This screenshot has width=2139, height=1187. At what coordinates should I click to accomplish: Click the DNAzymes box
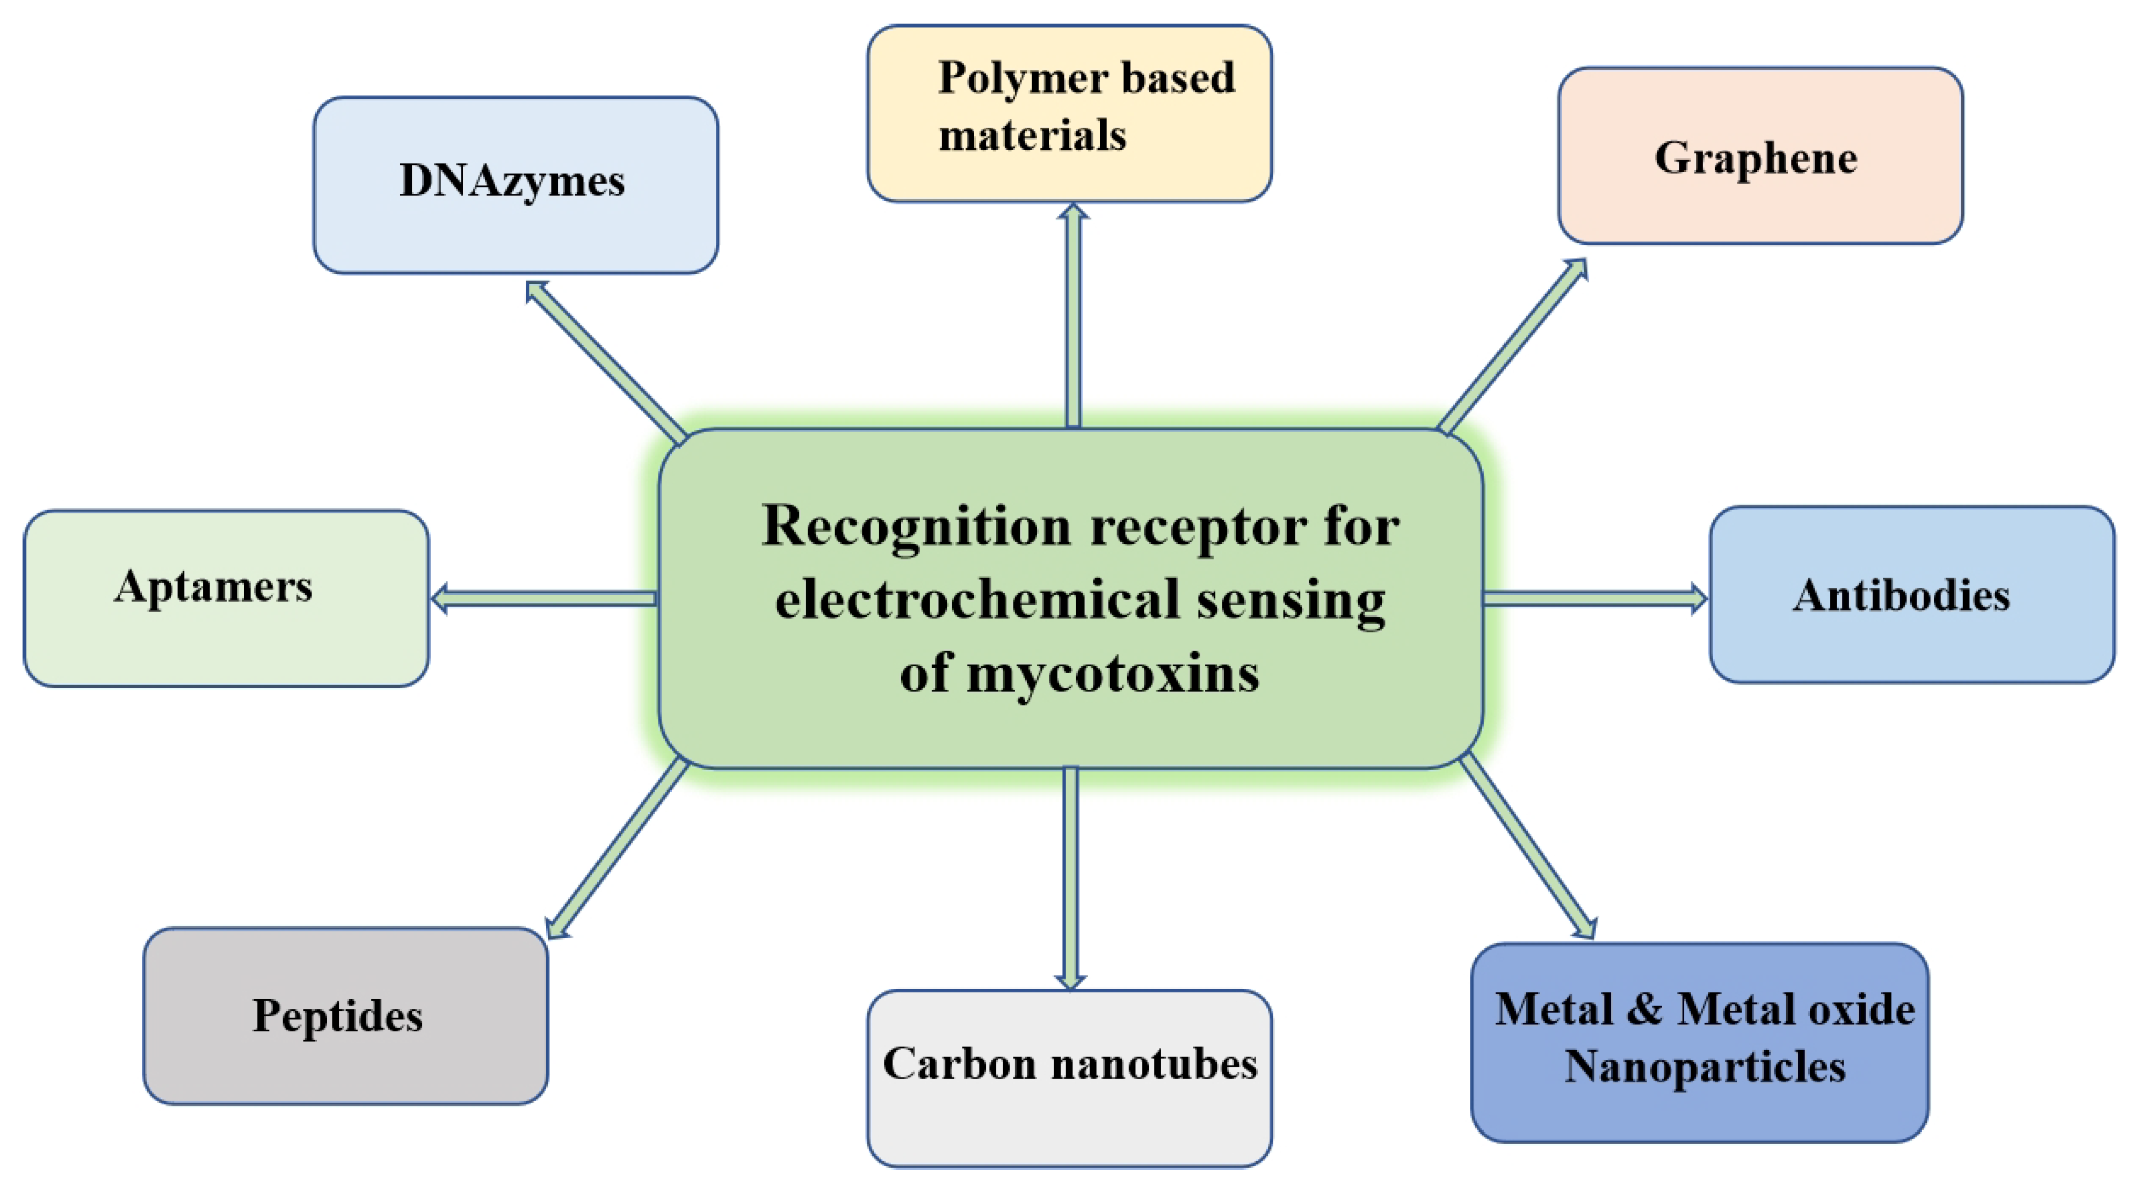click(515, 184)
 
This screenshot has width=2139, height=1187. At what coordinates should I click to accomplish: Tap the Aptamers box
click(226, 598)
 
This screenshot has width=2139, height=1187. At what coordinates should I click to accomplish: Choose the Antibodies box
click(1911, 594)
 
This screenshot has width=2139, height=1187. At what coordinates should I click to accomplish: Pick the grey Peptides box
click(345, 1016)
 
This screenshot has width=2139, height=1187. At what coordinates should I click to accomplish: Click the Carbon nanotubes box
click(1070, 1077)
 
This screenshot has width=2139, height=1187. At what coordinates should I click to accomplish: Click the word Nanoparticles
click(1705, 1067)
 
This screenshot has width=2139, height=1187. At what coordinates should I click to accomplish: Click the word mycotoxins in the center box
click(1113, 674)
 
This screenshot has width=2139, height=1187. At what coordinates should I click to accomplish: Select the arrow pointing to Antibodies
click(1594, 598)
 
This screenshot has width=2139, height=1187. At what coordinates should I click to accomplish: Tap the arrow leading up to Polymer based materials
click(1073, 316)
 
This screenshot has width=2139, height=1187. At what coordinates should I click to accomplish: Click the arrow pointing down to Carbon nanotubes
click(1070, 876)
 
